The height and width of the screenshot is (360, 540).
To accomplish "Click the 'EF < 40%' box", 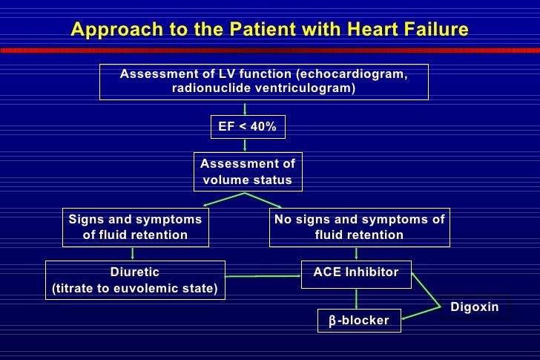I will (x=247, y=127).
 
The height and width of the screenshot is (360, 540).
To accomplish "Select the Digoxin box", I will (x=474, y=307).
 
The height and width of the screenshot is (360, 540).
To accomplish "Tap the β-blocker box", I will (x=359, y=321).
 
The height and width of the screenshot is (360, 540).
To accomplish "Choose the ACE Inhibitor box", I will (x=356, y=272).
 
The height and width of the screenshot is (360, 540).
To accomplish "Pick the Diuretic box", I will (x=135, y=280).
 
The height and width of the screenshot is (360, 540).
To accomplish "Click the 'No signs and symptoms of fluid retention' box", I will (x=359, y=227).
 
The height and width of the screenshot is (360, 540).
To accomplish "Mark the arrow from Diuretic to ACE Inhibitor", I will (x=263, y=276).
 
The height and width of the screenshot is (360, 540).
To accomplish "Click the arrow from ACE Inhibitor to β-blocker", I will (x=357, y=298).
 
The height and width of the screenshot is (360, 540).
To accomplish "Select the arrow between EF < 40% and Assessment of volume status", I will (x=246, y=145).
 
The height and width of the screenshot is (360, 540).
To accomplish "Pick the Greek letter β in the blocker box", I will (x=333, y=321).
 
